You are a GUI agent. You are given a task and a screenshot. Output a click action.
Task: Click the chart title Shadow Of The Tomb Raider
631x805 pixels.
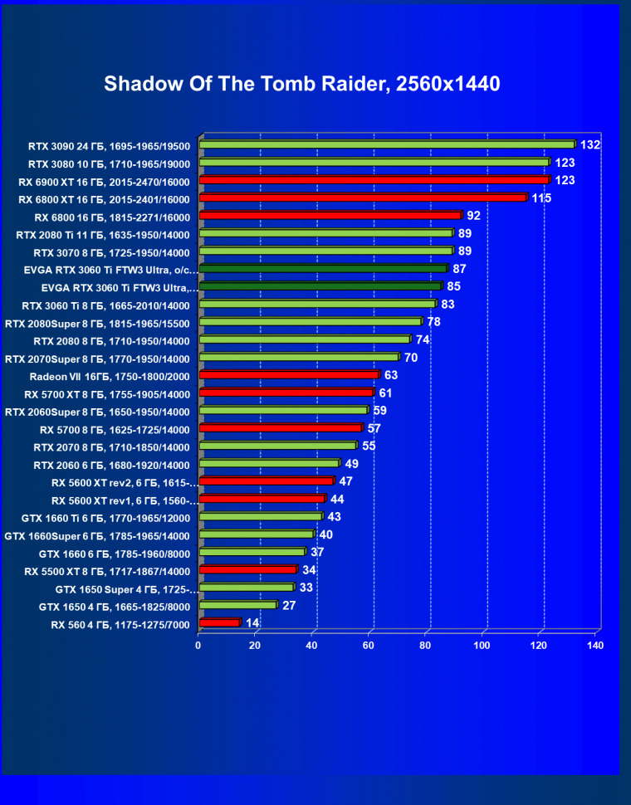(x=302, y=84)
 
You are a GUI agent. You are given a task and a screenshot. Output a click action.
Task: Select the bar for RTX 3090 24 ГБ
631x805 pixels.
(x=387, y=144)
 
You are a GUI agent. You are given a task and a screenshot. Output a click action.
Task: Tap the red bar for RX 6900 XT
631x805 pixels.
(x=374, y=180)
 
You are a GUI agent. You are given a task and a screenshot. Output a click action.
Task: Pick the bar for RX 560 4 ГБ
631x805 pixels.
(x=219, y=622)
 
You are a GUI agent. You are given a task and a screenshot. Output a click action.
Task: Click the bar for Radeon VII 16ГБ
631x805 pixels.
(x=289, y=375)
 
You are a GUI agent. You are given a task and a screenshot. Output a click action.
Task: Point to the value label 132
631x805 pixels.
(x=590, y=145)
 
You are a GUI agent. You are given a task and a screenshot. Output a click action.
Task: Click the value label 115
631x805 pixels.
(x=541, y=198)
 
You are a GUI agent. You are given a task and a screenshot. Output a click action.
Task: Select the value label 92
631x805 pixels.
(x=474, y=216)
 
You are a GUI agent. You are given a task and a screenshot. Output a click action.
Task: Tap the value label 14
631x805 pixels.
(x=252, y=623)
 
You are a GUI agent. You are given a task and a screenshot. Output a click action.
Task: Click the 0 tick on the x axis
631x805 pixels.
(x=198, y=645)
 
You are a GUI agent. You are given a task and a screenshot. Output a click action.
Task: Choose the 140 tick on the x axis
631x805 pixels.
(x=594, y=645)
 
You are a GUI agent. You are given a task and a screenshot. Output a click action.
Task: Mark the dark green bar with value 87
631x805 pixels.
(x=323, y=269)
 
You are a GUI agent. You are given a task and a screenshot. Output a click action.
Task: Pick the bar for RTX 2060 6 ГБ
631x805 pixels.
(x=269, y=463)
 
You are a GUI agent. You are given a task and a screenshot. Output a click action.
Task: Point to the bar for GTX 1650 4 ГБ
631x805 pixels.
(x=237, y=605)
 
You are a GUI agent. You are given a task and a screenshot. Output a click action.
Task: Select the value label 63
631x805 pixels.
(x=391, y=376)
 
